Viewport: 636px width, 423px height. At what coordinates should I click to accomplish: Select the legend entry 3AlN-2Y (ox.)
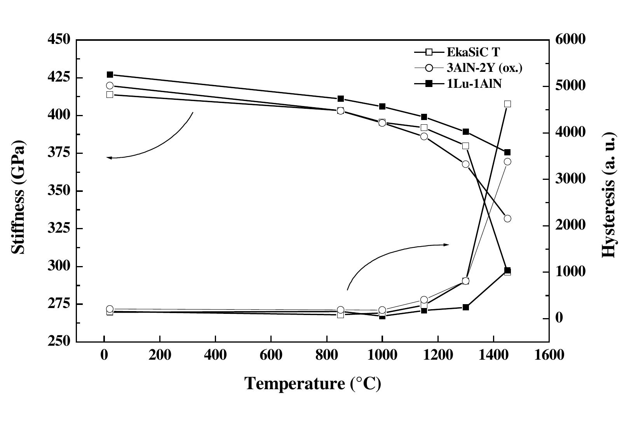[x=484, y=68]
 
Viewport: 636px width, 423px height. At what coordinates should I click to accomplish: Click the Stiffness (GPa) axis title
[x=18, y=197]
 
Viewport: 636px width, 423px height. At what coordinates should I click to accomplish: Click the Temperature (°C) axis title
[x=313, y=384]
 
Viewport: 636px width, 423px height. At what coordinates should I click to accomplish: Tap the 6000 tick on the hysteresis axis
[x=569, y=40]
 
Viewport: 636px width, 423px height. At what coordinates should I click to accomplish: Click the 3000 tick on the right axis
[x=569, y=179]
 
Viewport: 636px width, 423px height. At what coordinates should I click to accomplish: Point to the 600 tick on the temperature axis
[x=271, y=355]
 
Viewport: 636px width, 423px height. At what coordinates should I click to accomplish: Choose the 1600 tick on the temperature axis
[x=549, y=355]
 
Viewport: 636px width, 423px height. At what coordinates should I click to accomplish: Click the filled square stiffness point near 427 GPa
[x=110, y=75]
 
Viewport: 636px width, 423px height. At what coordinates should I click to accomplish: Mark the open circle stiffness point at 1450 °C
[x=507, y=219]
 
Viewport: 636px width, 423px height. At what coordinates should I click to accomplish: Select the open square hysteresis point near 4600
[x=507, y=104]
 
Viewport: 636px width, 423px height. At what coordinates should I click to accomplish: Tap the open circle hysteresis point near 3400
[x=507, y=162]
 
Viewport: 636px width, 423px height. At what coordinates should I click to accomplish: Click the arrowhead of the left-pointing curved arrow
[x=108, y=158]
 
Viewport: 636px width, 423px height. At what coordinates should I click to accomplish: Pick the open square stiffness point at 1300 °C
[x=466, y=146]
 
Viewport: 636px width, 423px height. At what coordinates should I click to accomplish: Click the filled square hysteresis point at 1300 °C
[x=466, y=307]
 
